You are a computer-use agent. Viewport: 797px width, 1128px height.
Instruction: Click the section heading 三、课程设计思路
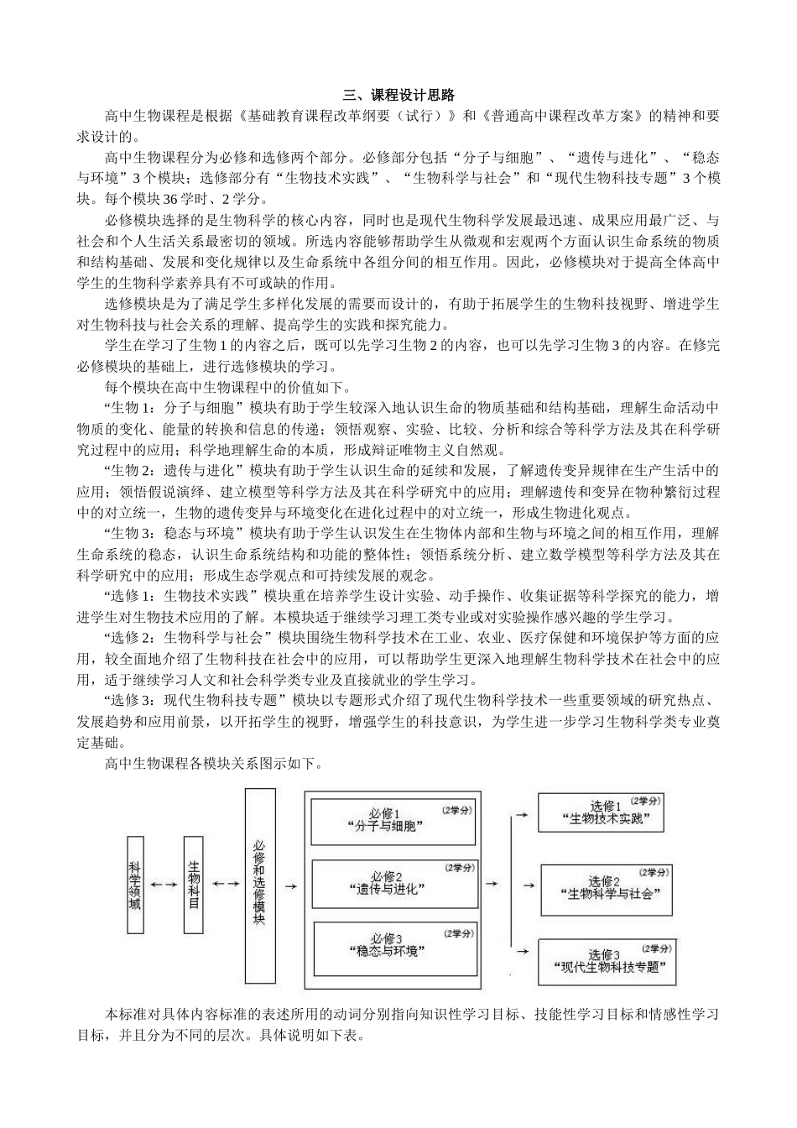tap(398, 95)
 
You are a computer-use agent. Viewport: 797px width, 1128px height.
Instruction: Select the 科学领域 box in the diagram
tap(135, 884)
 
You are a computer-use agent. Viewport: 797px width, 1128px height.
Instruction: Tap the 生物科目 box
tap(194, 884)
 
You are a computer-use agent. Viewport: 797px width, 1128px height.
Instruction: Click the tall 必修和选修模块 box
tap(259, 884)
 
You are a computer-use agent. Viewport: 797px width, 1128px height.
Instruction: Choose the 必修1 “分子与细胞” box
tap(393, 819)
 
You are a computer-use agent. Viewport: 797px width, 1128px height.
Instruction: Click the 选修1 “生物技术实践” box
tap(607, 812)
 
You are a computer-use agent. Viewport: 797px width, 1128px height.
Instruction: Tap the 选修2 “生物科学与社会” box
tap(607, 889)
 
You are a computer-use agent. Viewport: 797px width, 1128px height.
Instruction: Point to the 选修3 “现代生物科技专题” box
tap(607, 961)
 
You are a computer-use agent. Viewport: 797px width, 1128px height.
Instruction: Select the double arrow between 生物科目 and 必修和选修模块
tap(225, 884)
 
